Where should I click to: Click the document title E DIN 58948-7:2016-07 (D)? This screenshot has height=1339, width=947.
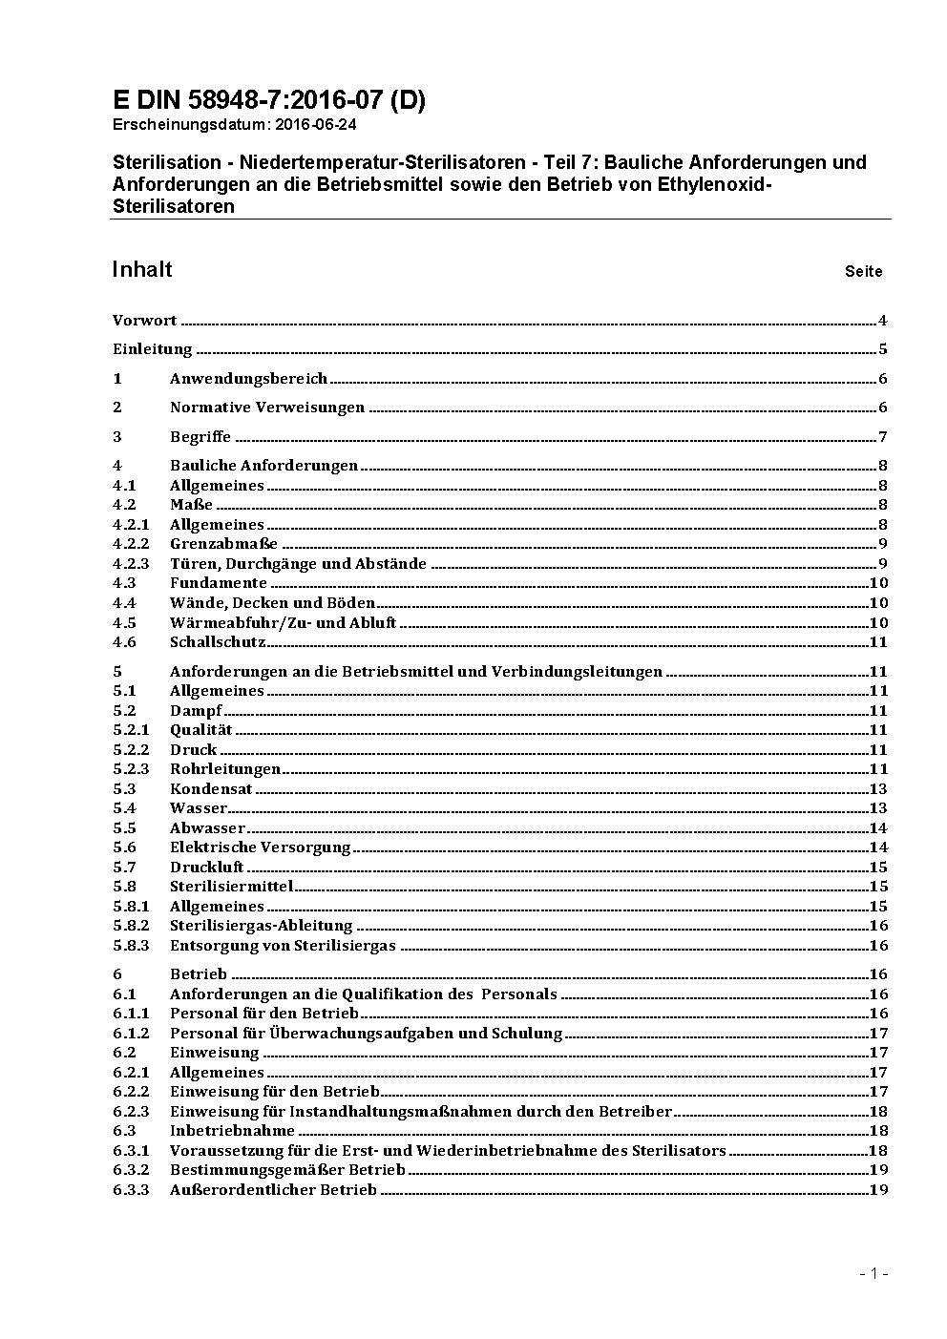point(268,100)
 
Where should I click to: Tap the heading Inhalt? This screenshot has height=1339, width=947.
point(142,269)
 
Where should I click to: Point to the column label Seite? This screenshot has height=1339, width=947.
point(863,272)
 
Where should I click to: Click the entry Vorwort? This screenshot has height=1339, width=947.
point(144,321)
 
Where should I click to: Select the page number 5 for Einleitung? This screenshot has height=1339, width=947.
point(883,349)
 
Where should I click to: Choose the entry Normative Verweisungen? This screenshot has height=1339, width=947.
point(267,408)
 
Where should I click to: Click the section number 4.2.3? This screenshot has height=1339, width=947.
point(131,564)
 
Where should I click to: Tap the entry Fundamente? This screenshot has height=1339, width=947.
point(219,583)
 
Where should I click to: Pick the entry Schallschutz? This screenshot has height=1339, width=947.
point(218,642)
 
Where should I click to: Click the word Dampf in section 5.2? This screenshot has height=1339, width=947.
point(196,711)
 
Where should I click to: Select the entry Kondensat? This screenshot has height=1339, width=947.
point(211,789)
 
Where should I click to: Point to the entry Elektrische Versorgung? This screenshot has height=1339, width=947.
point(261,847)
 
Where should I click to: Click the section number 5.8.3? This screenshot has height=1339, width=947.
point(131,946)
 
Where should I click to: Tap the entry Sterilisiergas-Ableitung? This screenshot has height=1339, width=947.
point(262,926)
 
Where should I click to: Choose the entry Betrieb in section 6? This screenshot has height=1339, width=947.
point(199,974)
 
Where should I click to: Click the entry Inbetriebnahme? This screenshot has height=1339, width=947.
point(232,1131)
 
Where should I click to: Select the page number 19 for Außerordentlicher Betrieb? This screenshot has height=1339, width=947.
point(878,1190)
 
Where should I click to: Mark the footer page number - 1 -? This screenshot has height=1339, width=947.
point(873,1274)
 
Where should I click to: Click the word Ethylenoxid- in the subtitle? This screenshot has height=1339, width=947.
point(713,184)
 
